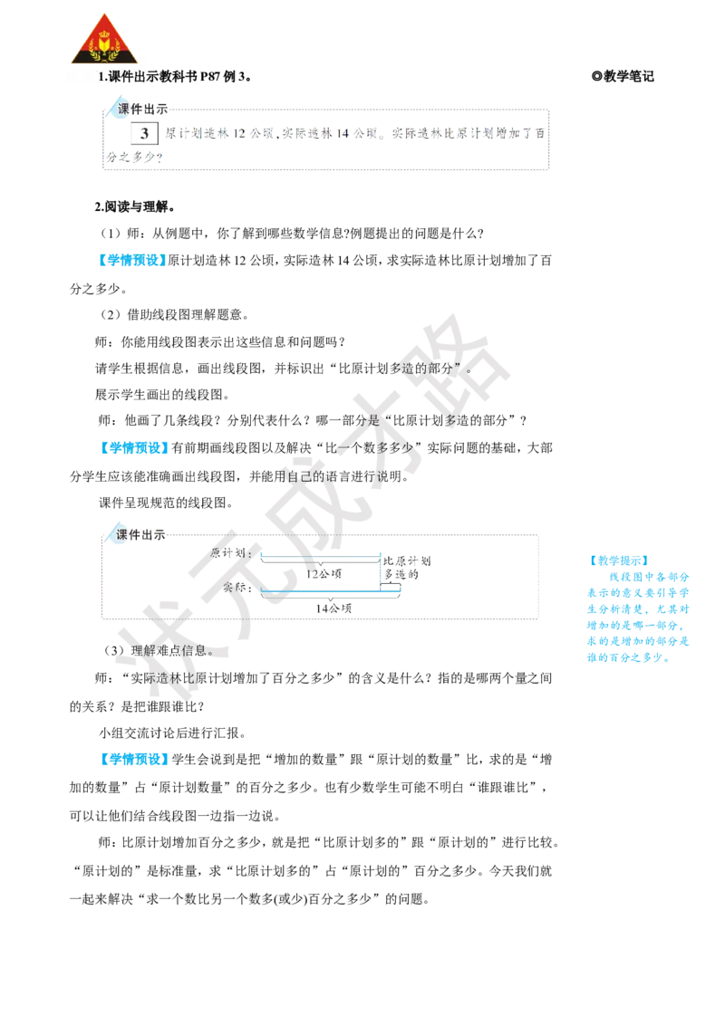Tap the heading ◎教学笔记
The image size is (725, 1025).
point(623,76)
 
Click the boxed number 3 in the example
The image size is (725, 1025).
point(144,133)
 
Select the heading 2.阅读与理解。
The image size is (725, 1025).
point(135,207)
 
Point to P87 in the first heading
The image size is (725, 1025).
point(210,76)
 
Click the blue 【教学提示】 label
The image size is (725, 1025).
point(618,560)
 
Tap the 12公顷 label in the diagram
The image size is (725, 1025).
point(324,574)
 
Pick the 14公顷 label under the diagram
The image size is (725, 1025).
point(333,608)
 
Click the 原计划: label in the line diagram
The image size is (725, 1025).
point(231,553)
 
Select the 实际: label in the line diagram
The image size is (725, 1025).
point(237,587)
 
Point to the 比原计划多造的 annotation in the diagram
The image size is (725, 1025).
point(406,568)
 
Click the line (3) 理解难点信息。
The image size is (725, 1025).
point(159,650)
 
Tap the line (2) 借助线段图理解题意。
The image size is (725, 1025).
point(173,315)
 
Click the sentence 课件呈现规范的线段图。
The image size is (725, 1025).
point(166,503)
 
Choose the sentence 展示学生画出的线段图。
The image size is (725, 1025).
point(162,395)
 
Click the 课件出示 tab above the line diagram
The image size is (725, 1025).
point(140,535)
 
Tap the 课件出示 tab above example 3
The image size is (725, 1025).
point(142,110)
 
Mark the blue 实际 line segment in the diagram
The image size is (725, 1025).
point(331,590)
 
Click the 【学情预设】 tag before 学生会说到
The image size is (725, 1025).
point(133,760)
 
